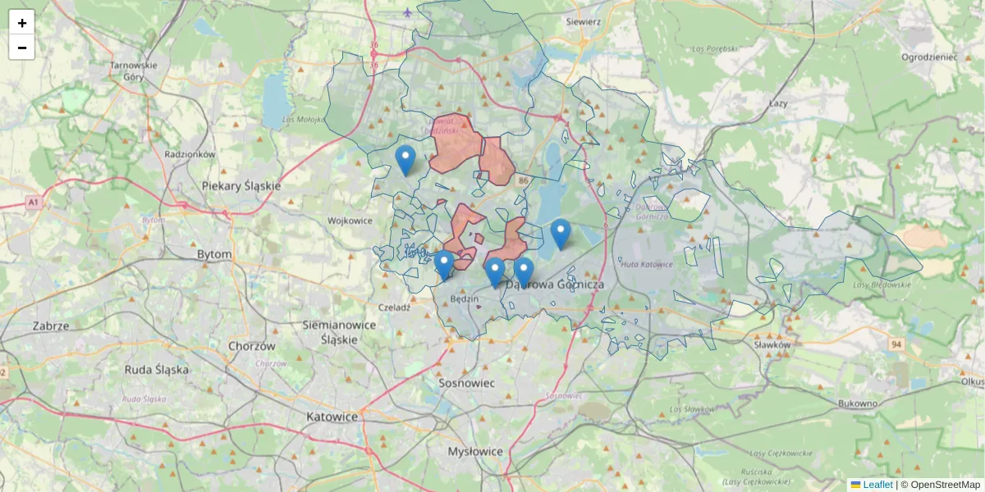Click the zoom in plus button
pyautogui.click(x=21, y=22)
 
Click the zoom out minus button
pyautogui.click(x=21, y=47)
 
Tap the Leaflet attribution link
pyautogui.click(x=877, y=485)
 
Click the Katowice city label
pyautogui.click(x=332, y=417)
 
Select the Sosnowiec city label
pyautogui.click(x=465, y=383)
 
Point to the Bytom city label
pyautogui.click(x=214, y=255)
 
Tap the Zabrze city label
pyautogui.click(x=50, y=326)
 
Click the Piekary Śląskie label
pyautogui.click(x=241, y=186)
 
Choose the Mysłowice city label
pyautogui.click(x=475, y=452)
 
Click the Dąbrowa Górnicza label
pyautogui.click(x=556, y=285)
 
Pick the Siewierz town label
pyautogui.click(x=584, y=22)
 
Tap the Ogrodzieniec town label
pyautogui.click(x=929, y=57)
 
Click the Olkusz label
pyautogui.click(x=973, y=381)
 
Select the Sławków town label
pyautogui.click(x=772, y=345)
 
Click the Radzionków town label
pyautogui.click(x=190, y=154)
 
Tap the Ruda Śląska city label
pyautogui.click(x=156, y=370)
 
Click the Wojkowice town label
pyautogui.click(x=350, y=221)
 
